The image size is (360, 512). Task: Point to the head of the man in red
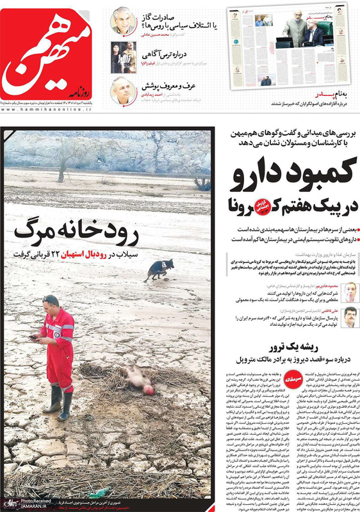[x=51, y=303]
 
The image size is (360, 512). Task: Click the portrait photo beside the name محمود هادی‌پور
[x=349, y=292]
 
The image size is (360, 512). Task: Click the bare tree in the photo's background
[x=202, y=180]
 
